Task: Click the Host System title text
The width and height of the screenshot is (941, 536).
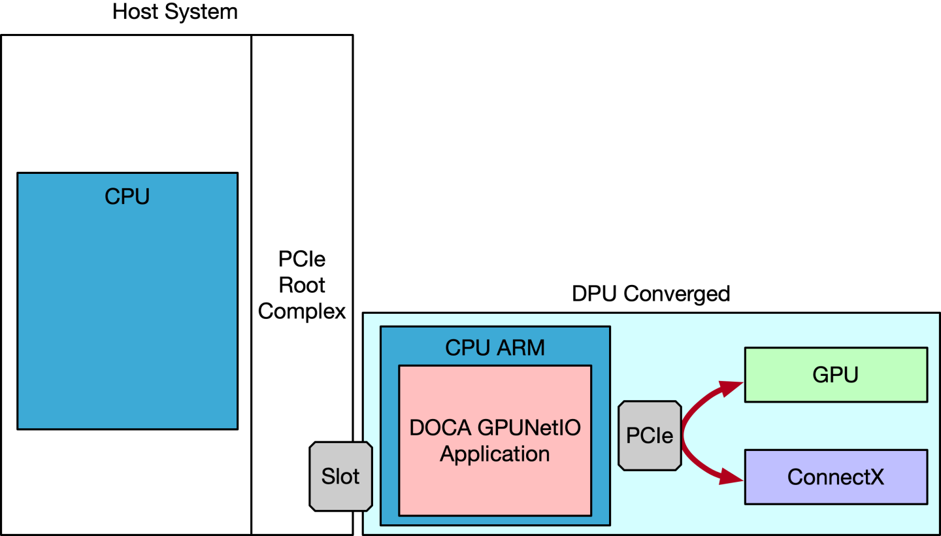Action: pos(174,12)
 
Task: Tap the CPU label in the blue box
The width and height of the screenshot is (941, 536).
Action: pos(127,196)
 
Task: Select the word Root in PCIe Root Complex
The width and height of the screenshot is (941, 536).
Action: pos(301,285)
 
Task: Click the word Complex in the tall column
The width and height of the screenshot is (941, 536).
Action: pos(301,311)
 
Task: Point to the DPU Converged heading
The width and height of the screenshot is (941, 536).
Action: pos(650,293)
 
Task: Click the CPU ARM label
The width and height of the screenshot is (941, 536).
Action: pos(495,347)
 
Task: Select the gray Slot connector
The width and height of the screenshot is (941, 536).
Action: pos(340,477)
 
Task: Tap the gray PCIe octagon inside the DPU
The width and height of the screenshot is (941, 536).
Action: pos(650,435)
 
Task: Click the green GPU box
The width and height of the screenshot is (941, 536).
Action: pos(835,375)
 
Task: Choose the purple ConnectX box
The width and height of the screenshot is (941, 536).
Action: pos(835,477)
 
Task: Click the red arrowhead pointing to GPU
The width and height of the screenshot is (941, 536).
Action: pos(731,388)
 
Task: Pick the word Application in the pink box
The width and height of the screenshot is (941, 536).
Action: pos(495,453)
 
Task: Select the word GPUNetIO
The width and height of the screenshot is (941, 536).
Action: pos(529,427)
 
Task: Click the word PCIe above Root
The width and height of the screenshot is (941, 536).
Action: pos(301,260)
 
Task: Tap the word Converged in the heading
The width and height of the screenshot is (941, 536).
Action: pos(676,293)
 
